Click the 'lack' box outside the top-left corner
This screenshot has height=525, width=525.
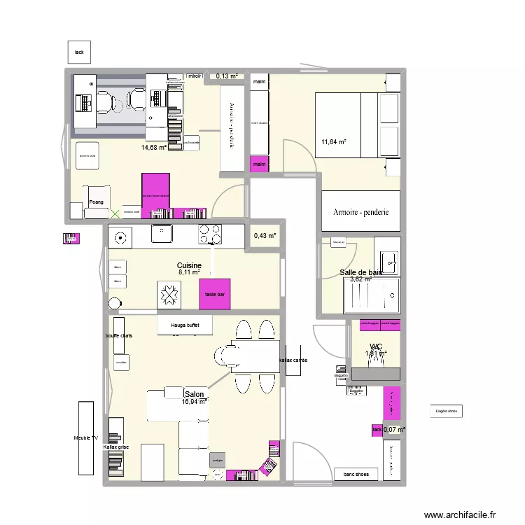79,52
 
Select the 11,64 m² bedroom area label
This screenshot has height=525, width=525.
334,143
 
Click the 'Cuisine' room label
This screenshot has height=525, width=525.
190,266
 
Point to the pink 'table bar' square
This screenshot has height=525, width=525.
214,294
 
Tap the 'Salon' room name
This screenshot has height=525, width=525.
194,395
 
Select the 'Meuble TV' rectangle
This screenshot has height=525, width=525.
86,438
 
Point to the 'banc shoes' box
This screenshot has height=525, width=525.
356,475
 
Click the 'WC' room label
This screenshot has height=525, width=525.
376,346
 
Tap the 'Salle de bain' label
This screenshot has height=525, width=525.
361,272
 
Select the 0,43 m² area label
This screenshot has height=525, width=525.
265,236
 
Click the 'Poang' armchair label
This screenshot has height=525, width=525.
97,202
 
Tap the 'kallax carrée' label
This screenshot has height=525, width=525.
294,360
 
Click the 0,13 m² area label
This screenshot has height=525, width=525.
227,76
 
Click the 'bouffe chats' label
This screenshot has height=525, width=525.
119,336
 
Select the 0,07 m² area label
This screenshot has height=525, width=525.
395,429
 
